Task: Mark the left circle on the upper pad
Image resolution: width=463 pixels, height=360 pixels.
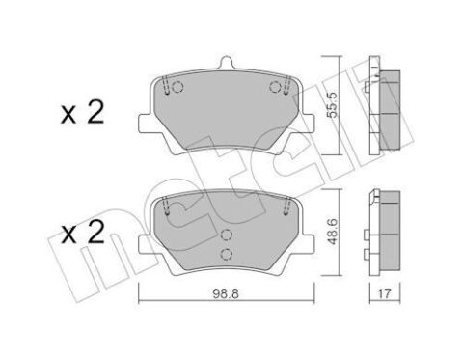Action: pyautogui.click(x=171, y=89)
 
